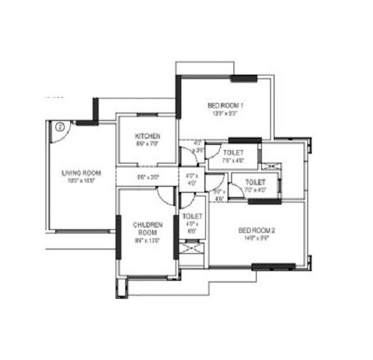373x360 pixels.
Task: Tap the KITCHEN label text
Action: point(147,136)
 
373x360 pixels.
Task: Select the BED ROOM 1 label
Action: point(225,106)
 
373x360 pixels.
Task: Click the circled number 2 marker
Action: point(59,126)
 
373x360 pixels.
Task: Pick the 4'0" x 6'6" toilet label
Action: point(192,224)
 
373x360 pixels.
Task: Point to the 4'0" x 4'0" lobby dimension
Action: point(192,180)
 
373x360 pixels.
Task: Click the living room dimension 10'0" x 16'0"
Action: point(81,181)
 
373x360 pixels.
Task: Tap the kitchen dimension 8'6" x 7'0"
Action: point(147,143)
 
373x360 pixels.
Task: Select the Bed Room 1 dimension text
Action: point(225,114)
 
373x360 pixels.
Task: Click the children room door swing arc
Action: point(164,196)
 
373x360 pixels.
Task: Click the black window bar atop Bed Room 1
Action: point(244,78)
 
